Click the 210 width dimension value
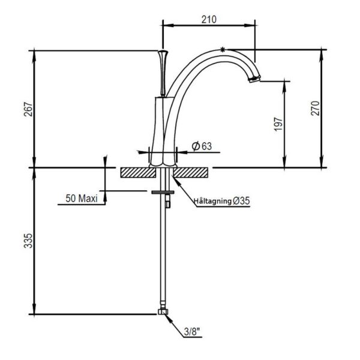209,19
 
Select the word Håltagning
213,201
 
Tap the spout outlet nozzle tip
255,79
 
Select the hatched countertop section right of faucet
191,172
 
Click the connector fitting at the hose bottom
163,312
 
